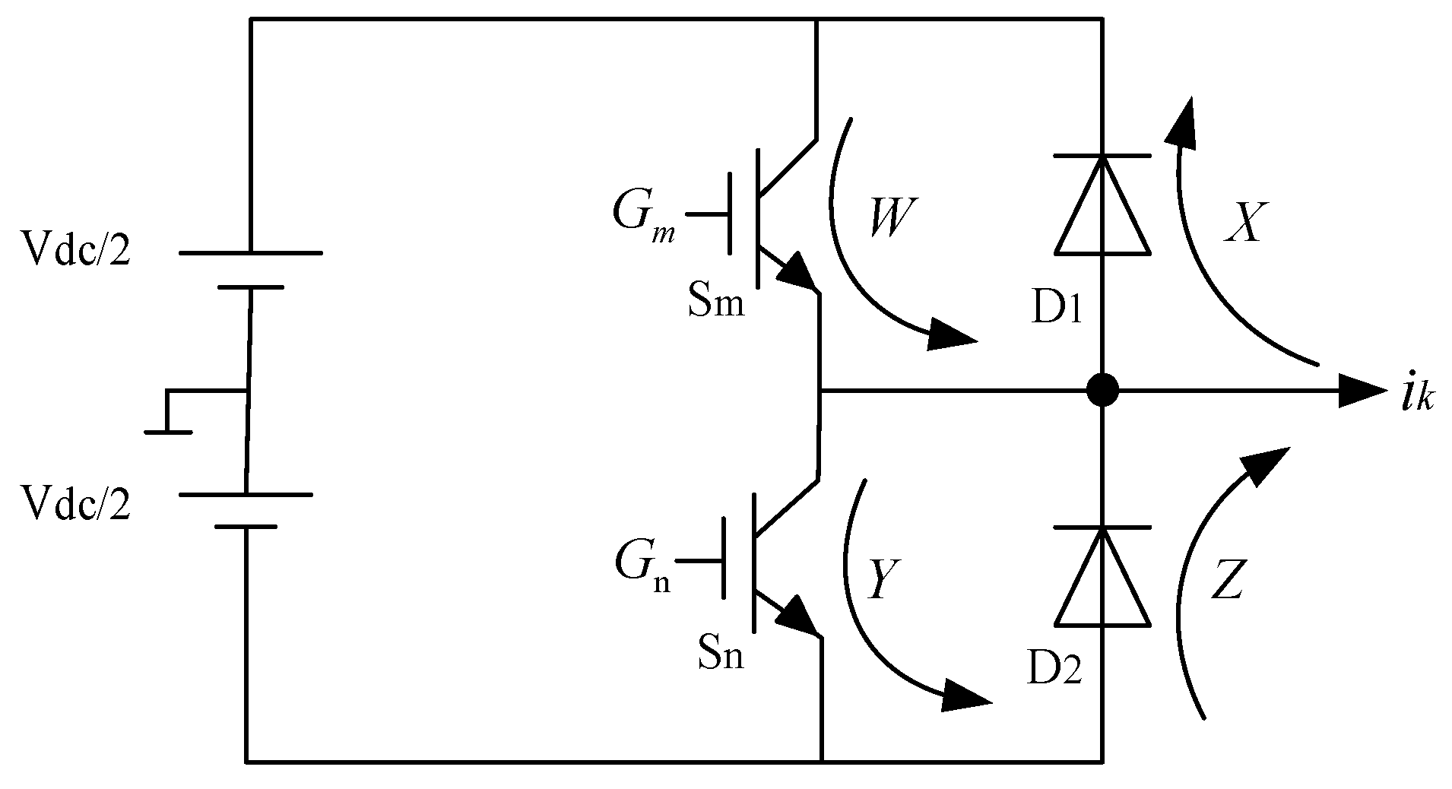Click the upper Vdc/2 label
(76, 250)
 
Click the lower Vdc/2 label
(76, 503)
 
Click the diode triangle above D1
(1102, 209)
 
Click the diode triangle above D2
(1102, 581)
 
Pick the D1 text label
(1056, 310)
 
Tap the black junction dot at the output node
(1102, 391)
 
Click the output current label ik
(1416, 396)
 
